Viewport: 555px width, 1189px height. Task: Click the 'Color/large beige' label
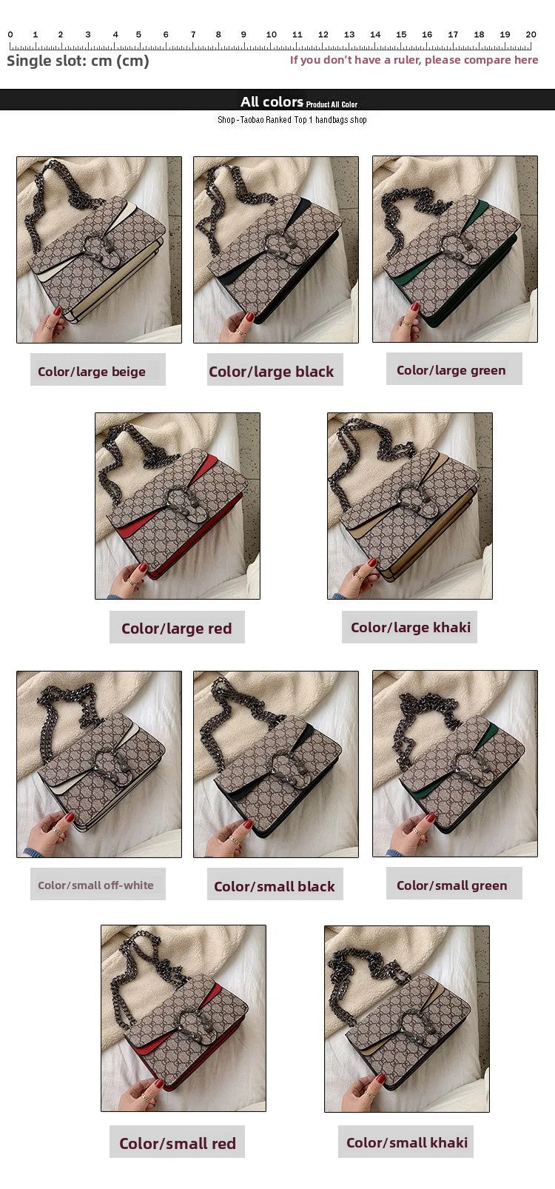pyautogui.click(x=92, y=372)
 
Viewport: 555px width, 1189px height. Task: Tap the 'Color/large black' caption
pyautogui.click(x=271, y=372)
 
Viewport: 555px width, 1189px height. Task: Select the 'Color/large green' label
pyautogui.click(x=451, y=370)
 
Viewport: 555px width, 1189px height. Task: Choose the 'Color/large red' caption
pyautogui.click(x=176, y=629)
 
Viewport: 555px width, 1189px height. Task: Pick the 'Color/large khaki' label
pyautogui.click(x=411, y=627)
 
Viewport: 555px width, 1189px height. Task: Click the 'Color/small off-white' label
pyautogui.click(x=95, y=885)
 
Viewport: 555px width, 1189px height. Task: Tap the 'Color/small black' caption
pyautogui.click(x=275, y=886)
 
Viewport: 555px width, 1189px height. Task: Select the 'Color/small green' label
pyautogui.click(x=452, y=885)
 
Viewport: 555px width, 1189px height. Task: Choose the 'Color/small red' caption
pyautogui.click(x=178, y=1144)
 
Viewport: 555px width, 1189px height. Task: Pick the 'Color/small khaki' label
pyautogui.click(x=407, y=1142)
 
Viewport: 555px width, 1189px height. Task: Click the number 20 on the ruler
pyautogui.click(x=531, y=35)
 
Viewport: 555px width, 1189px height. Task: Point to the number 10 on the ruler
pyautogui.click(x=272, y=35)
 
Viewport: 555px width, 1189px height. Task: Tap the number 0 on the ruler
pyautogui.click(x=10, y=35)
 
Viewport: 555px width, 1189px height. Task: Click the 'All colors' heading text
pyautogui.click(x=272, y=102)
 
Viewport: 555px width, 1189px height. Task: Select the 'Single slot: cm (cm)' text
pyautogui.click(x=78, y=61)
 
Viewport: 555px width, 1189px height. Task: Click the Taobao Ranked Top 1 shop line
pyautogui.click(x=292, y=120)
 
